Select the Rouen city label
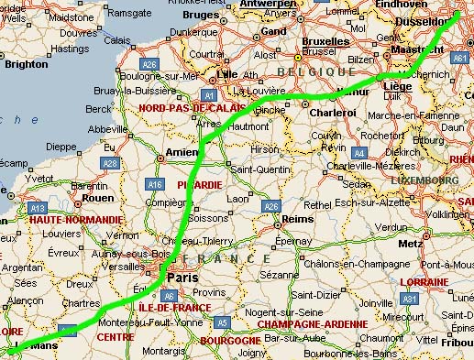coord(97,197)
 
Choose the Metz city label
coord(410,244)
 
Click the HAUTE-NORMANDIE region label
coord(75,220)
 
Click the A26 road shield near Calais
coord(150,64)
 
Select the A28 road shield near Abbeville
coord(111,163)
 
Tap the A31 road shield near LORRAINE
coord(410,300)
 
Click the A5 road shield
coord(222,322)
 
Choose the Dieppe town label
coord(61,146)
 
